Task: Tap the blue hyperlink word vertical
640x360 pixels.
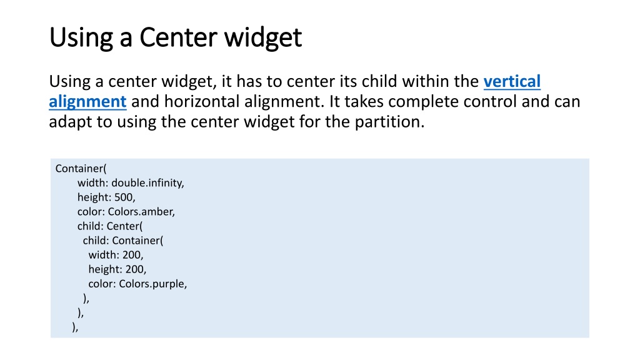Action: click(x=512, y=82)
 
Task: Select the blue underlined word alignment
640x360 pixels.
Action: click(x=87, y=101)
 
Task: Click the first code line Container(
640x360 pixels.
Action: click(x=81, y=168)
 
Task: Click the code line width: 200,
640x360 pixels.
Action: click(x=116, y=255)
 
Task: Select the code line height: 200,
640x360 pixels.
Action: click(x=117, y=269)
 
